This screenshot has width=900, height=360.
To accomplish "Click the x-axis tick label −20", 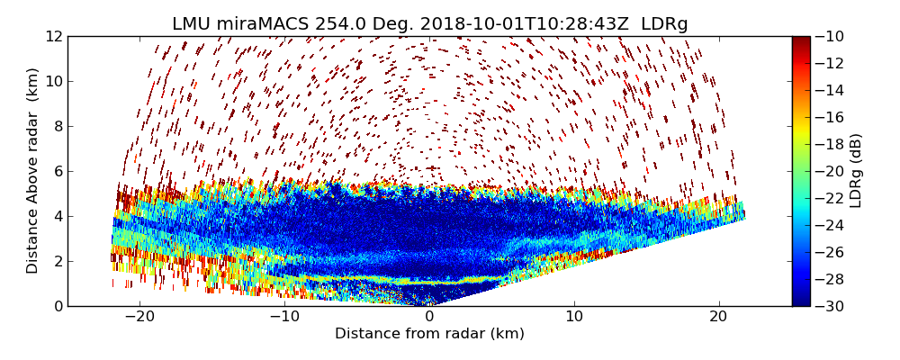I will point(139,317).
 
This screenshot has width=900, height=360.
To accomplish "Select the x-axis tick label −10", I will point(284,317).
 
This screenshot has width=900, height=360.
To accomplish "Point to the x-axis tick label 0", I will point(429,317).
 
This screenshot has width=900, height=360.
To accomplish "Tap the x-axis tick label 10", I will point(574,317).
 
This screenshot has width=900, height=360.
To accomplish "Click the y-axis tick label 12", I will point(54,36).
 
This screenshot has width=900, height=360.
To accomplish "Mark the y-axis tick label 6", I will point(58,171).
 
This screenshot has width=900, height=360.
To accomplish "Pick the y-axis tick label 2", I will point(58,261).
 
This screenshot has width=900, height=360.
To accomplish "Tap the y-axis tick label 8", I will point(58,126).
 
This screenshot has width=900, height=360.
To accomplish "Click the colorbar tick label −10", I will point(831,36).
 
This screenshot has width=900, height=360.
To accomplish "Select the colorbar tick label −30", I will point(831,306).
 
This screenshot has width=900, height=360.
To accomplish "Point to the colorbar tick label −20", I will point(831,171).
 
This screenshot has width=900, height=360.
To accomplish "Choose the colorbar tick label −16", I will point(831,117).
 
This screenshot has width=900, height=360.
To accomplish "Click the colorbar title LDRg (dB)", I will point(856,171).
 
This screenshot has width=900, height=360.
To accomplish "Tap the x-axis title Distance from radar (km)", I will point(429,334).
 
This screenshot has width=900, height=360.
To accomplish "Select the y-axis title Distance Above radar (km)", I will point(33,171).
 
